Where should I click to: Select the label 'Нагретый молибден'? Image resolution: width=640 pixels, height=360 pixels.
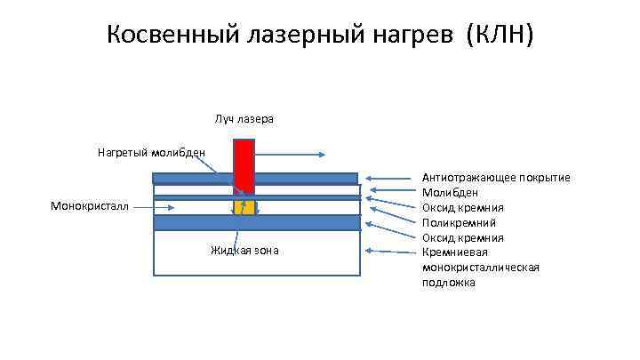point(151,152)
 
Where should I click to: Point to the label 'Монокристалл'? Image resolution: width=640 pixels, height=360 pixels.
point(89,206)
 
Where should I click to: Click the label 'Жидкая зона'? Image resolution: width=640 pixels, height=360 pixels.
point(244,251)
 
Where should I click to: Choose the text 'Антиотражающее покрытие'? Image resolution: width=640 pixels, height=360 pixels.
point(496,178)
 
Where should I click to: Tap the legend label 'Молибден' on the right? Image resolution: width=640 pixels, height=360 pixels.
point(451,192)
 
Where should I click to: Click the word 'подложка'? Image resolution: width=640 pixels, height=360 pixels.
point(449,283)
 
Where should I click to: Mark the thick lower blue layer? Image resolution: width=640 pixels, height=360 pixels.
point(256,223)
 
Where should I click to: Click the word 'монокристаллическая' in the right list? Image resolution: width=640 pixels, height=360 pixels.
point(481,268)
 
